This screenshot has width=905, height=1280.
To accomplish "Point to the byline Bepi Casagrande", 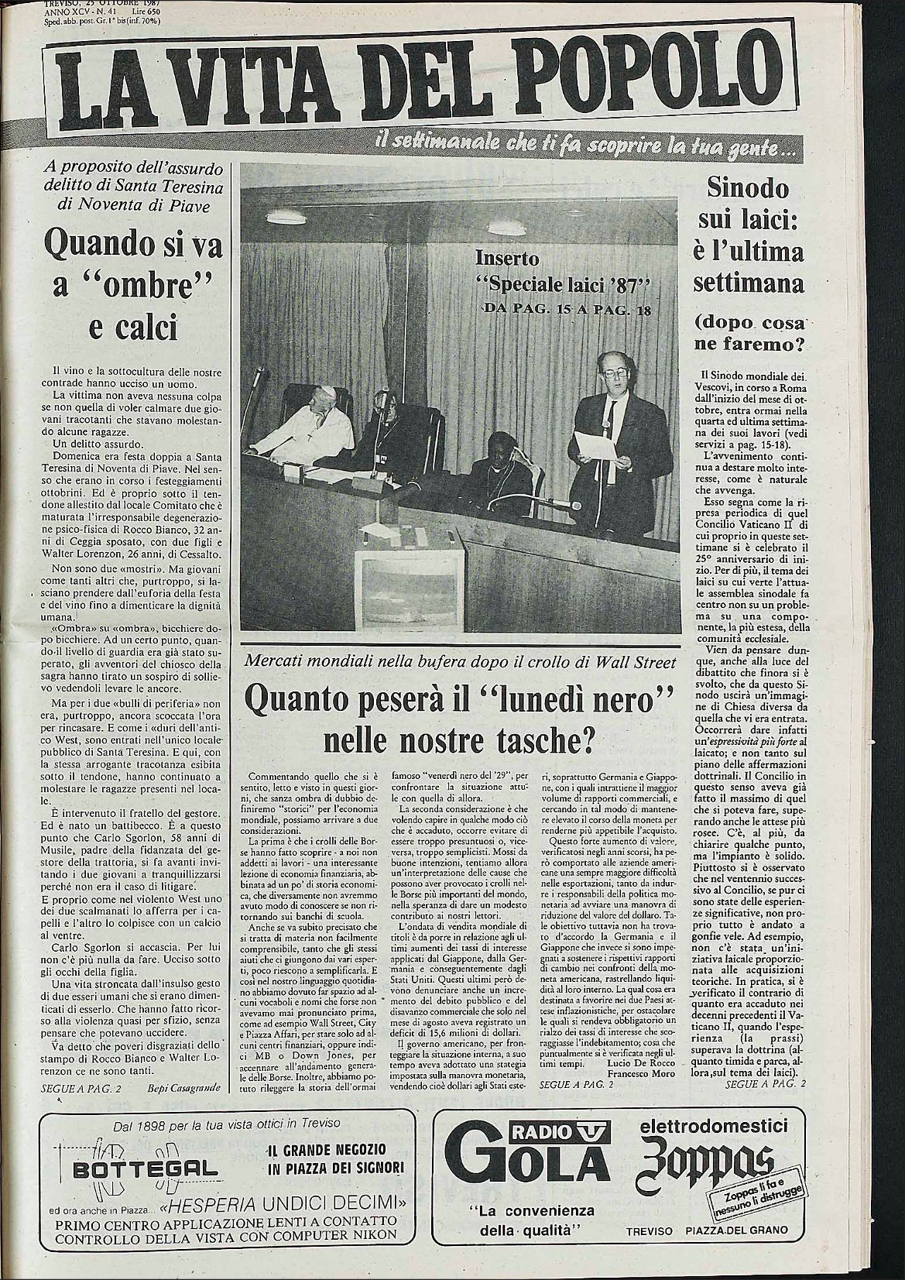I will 185,1088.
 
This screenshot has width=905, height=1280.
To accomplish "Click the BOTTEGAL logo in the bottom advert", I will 129,1168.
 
